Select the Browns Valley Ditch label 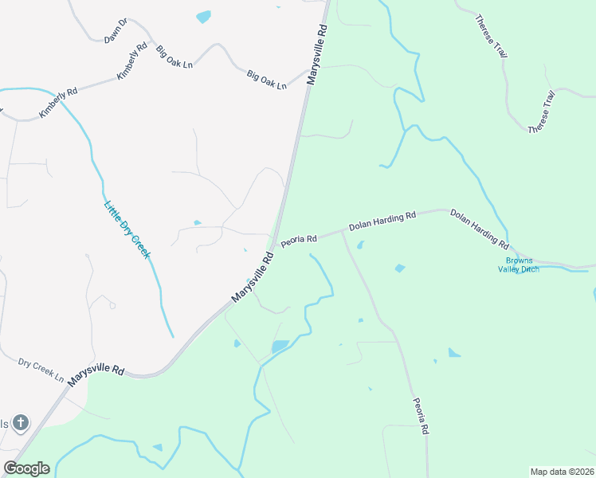click(x=523, y=265)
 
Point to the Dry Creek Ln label click(x=41, y=369)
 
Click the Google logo click(x=26, y=468)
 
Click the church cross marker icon click(x=21, y=422)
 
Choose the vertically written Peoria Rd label click(x=421, y=416)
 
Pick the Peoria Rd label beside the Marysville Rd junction click(x=300, y=240)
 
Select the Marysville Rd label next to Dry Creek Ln click(x=96, y=376)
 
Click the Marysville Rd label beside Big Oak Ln click(x=316, y=55)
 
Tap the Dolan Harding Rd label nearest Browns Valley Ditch click(x=479, y=227)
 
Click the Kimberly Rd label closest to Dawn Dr click(x=132, y=61)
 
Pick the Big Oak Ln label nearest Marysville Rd click(x=266, y=80)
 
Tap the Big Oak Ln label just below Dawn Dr click(x=174, y=56)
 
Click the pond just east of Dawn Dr click(x=204, y=17)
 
